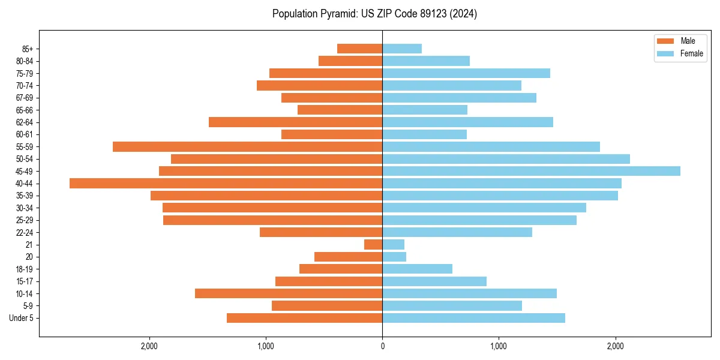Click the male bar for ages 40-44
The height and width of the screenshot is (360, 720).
pos(226,183)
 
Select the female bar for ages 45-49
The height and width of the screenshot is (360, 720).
pos(531,171)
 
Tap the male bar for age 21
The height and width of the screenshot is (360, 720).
pos(373,244)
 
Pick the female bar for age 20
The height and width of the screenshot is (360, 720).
pos(394,257)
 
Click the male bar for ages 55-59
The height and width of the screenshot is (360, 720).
pos(247,146)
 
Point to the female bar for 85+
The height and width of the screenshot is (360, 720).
pos(402,49)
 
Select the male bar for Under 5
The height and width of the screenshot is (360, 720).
pos(304,318)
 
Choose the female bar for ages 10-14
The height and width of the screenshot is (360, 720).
pos(469,293)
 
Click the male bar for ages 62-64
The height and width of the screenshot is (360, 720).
pos(295,122)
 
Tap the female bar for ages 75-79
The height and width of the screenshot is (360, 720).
pos(466,73)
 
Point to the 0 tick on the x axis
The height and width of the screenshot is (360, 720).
pos(382,346)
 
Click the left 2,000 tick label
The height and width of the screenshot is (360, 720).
pos(149,346)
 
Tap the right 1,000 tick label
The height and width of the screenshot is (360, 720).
pos(499,346)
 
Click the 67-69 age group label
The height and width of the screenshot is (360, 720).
pos(25,98)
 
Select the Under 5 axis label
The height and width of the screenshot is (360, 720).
pos(21,318)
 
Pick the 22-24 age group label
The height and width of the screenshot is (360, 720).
pos(25,232)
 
